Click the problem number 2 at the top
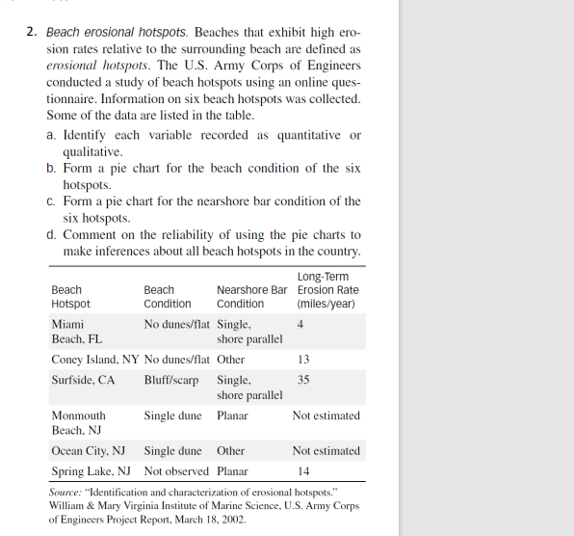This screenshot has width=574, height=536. (32, 32)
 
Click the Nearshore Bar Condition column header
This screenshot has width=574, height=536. (251, 296)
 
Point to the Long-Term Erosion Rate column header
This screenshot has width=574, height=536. (327, 290)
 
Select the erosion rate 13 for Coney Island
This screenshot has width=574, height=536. (304, 360)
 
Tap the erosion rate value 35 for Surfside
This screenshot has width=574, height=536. (304, 380)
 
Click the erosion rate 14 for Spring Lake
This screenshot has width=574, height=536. (304, 471)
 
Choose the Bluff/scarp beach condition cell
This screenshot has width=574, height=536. (171, 380)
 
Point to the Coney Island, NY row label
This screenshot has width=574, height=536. (94, 360)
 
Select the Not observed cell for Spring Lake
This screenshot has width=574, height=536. (176, 471)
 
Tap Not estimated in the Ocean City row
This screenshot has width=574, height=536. (326, 450)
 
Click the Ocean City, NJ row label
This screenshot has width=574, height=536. (89, 450)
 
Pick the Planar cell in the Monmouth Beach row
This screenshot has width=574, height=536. (232, 415)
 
